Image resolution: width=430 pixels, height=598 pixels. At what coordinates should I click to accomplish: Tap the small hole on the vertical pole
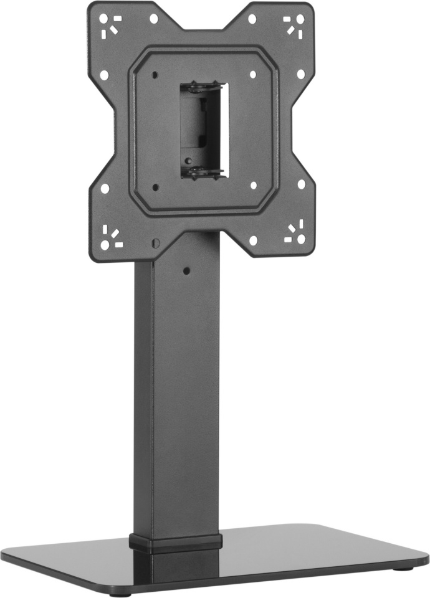coord(186,271)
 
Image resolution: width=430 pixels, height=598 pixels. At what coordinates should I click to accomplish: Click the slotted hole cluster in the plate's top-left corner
coord(112,24)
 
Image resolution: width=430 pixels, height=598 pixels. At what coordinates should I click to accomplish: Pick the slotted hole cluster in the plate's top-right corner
coord(294,24)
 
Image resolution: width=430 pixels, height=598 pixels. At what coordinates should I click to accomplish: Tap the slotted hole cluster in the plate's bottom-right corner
coord(294,234)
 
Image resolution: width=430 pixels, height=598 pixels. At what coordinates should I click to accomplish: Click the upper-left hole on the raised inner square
coord(153,75)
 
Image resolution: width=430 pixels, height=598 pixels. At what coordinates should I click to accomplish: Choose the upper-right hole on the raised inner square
coord(253,74)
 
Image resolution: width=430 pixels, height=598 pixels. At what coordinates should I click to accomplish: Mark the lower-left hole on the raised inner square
coord(156,186)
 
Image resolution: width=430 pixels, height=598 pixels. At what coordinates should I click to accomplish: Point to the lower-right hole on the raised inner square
coord(253,185)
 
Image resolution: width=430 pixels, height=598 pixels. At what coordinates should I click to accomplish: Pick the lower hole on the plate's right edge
coord(302,184)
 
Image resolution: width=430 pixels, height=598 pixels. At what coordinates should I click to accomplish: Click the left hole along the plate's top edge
coord(154,19)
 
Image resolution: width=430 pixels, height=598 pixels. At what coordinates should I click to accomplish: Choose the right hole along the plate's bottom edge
coord(253,240)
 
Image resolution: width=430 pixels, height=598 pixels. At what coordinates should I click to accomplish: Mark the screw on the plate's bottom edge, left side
coord(156,242)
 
